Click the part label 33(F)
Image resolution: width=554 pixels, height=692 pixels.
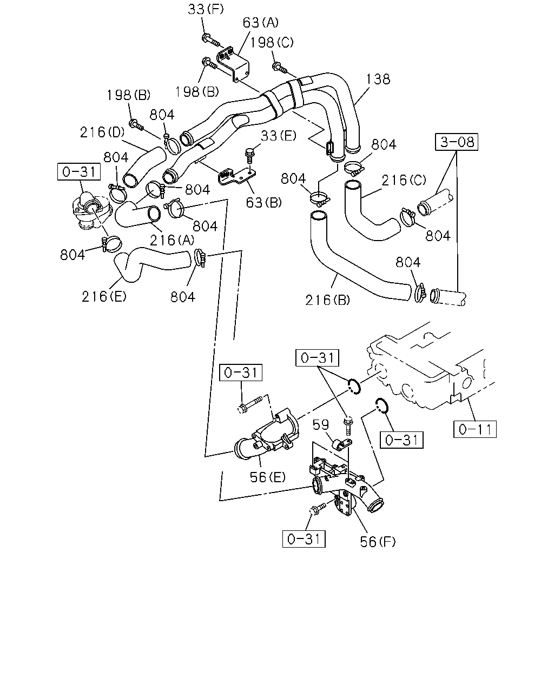point(206,9)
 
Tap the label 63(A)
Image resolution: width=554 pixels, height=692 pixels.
point(260,23)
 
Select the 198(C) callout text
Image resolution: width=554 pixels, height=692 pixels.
point(272,43)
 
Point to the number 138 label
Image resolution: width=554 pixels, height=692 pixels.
point(378,79)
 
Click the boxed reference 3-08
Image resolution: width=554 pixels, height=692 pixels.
point(457,142)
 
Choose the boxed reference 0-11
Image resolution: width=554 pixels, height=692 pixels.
point(475,429)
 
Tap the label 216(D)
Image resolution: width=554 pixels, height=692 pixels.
point(102,132)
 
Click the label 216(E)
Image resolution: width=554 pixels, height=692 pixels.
point(104,296)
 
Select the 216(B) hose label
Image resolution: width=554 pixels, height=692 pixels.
point(327,300)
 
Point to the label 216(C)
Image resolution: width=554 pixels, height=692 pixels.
point(404,180)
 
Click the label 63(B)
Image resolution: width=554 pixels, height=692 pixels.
point(263,203)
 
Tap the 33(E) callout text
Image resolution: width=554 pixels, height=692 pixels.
point(279,136)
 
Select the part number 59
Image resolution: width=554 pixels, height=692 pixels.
point(321,425)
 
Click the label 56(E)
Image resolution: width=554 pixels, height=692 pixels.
point(268,477)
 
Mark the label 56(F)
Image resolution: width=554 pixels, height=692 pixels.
point(378,542)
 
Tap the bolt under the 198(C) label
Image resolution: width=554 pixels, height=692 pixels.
point(279,68)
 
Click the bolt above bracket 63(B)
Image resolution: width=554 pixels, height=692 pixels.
point(250,156)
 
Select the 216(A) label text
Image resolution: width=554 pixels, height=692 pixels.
point(172,240)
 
